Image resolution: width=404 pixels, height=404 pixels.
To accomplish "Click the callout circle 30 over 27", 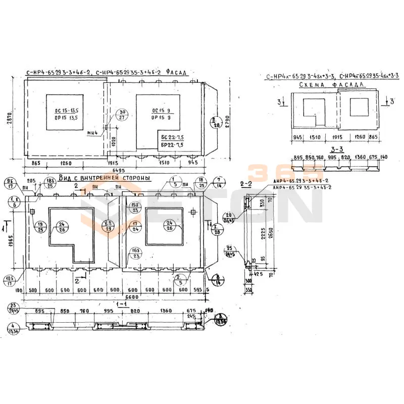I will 121,115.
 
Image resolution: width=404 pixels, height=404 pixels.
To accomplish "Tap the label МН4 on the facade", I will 92,133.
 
